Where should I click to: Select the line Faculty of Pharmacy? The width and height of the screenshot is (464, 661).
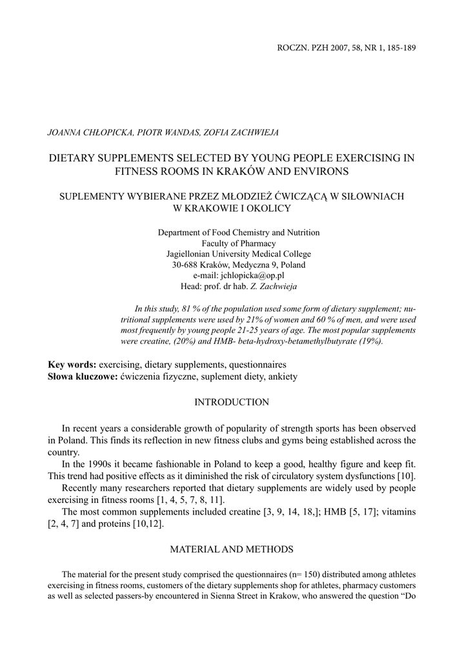click(238, 243)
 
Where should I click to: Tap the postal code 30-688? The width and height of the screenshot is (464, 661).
click(186, 264)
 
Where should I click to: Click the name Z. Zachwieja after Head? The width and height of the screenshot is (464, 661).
click(269, 285)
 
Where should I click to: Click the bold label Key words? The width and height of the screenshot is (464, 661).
click(72, 364)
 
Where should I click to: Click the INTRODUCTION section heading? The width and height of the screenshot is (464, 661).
click(232, 402)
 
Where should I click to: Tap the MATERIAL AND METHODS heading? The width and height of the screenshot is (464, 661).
click(232, 549)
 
